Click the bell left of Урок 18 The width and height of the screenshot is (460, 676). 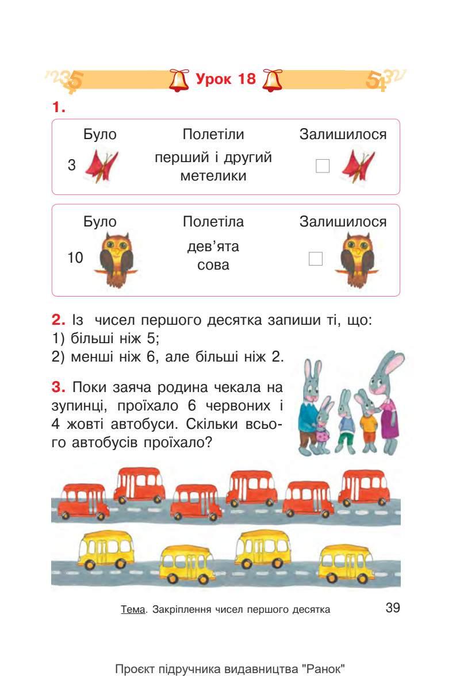coord(179,80)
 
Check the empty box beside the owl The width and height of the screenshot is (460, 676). coord(316,259)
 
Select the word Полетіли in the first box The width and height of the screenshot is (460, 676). coord(213,135)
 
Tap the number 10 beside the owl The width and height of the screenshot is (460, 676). coord(75,259)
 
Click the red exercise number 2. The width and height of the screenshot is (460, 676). coord(58,320)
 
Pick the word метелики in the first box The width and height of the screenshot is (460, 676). coord(213,176)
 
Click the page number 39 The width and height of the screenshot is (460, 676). coord(393,608)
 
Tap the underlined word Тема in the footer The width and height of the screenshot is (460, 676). coord(132,610)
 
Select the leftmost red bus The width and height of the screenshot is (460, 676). coord(84,498)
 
